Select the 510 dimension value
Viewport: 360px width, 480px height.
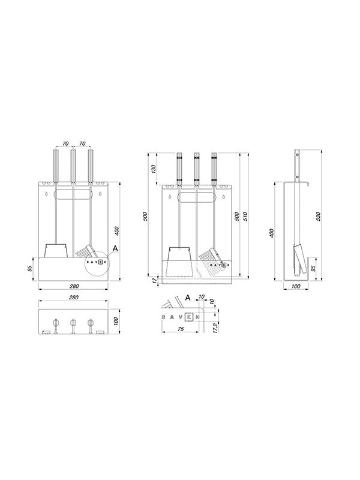tap(246, 217)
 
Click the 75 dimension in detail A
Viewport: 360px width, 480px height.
tap(180, 329)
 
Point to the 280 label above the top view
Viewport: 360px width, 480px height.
tap(73, 298)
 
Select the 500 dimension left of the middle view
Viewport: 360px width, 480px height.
tap(145, 217)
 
